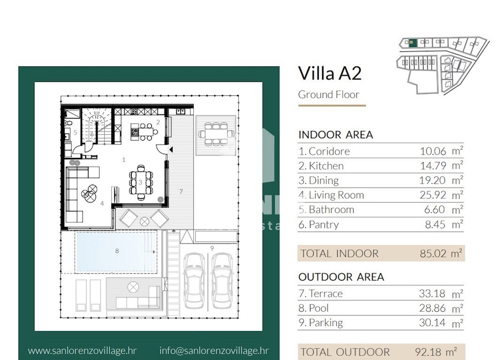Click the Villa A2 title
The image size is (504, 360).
pos(330,73)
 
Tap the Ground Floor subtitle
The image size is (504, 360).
pos(328,95)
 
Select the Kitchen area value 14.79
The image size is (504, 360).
pos(433,166)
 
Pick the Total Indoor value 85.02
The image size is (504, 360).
pos(433,254)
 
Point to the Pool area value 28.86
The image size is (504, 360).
pos(432,308)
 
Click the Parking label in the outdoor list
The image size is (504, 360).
pos(326,323)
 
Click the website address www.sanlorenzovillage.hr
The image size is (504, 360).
pos(82,351)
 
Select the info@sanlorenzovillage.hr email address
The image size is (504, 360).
pos(214,351)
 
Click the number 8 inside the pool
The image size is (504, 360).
pos(117,251)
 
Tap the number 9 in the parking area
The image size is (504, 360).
pos(212,248)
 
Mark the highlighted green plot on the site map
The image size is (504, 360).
pos(412,43)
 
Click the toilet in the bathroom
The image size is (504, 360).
pos(68,123)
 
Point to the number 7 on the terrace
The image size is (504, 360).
pos(181,192)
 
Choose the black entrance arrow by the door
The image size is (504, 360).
pos(171,150)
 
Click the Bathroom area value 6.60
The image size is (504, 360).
pos(434,210)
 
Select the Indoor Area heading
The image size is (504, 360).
pos(336,135)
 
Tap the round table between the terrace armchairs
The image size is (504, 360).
pos(144,222)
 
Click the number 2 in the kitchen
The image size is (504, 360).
pos(158,122)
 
